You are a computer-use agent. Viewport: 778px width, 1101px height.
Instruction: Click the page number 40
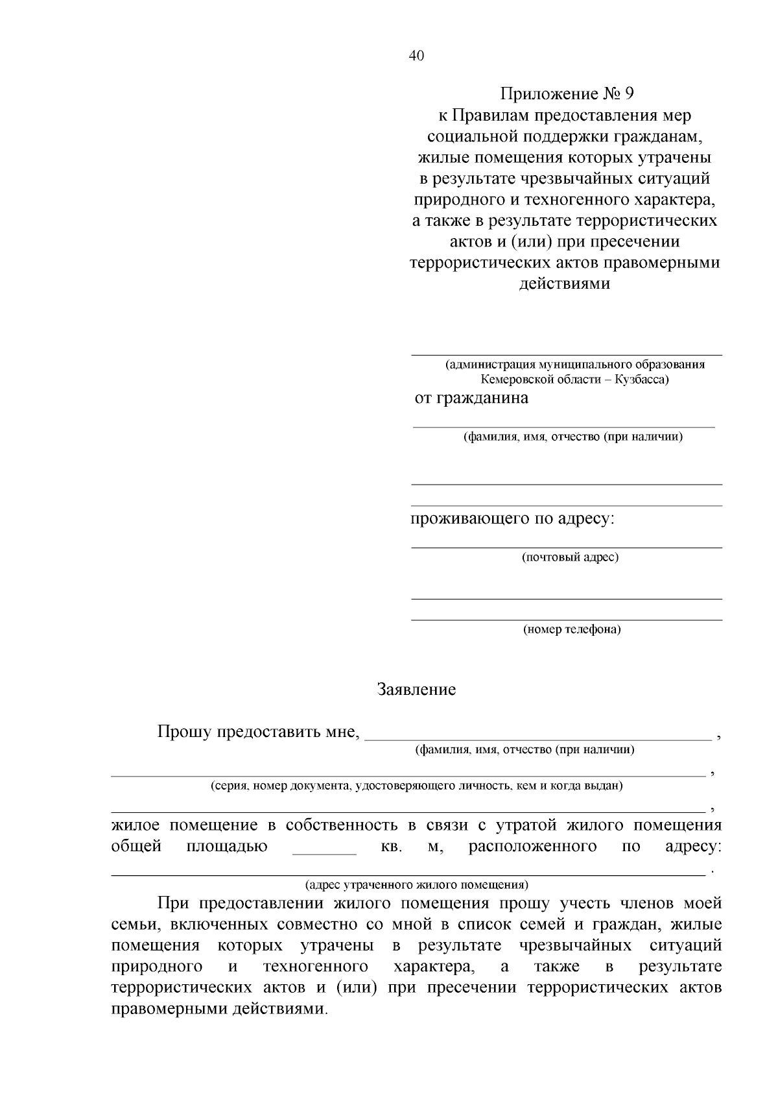click(416, 56)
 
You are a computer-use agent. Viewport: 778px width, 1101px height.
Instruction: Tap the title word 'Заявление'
click(416, 689)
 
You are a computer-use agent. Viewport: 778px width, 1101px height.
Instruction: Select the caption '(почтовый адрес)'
click(571, 557)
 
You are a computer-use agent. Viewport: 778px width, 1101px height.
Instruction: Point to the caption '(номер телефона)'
click(572, 629)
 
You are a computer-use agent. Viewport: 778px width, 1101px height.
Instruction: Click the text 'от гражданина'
click(471, 398)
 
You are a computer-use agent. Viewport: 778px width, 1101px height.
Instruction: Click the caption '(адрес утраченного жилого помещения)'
click(416, 884)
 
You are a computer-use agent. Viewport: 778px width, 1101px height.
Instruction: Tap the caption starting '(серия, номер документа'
click(416, 786)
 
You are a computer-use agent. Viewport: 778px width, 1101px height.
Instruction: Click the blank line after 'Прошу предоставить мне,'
click(538, 738)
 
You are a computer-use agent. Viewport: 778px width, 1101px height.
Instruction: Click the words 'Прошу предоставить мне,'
click(258, 732)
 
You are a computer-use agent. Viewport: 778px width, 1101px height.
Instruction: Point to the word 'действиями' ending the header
click(565, 284)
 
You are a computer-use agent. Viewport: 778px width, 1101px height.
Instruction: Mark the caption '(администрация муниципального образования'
click(574, 364)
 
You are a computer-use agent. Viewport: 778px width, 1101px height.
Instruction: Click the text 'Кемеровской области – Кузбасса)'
click(574, 379)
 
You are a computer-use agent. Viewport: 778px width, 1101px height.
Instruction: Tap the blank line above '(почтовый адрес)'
click(567, 547)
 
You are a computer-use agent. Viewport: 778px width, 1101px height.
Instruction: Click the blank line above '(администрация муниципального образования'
click(567, 354)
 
